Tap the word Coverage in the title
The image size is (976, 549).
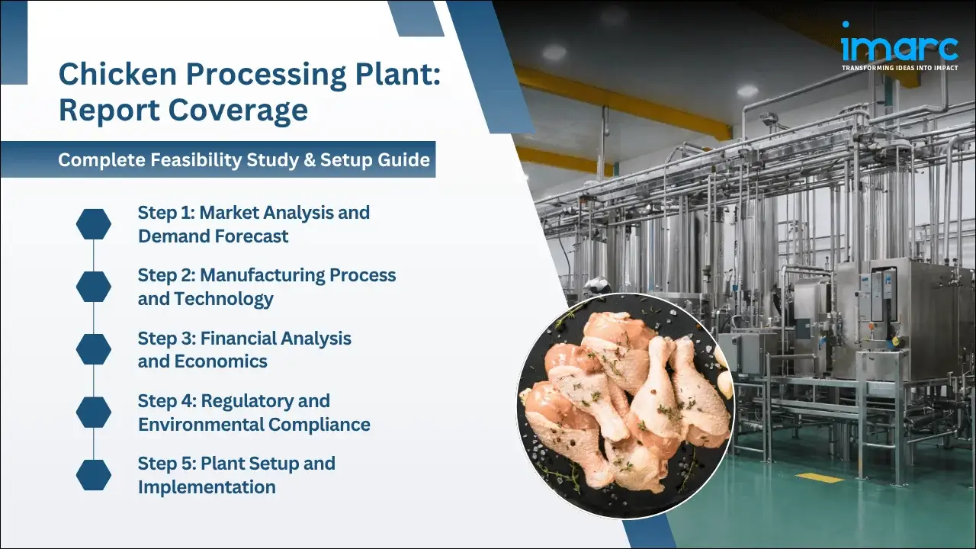238,111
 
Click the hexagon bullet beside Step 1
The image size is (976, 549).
94,223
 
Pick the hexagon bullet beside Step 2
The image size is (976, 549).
94,286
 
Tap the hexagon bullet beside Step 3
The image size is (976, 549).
94,348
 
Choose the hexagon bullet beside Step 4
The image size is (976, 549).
94,412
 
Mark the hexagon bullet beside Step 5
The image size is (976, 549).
94,474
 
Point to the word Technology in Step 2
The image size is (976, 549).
223,299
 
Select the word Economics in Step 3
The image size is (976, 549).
221,361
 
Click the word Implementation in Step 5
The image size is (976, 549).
207,486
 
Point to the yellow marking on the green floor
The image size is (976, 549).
820,477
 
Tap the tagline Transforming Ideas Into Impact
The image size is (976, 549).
899,68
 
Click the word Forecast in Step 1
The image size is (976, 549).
252,236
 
